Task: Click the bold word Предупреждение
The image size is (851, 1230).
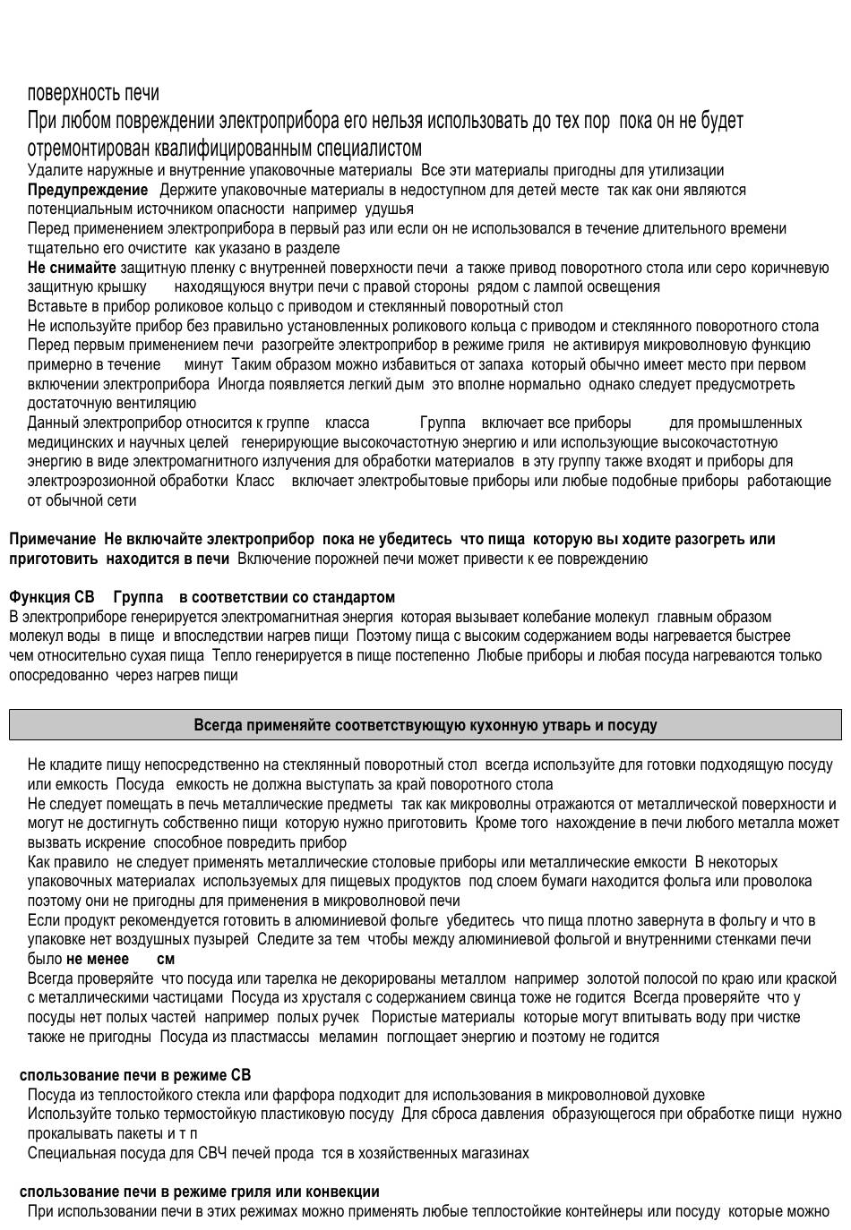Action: click(x=87, y=190)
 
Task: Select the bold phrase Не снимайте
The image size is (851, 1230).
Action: click(x=72, y=268)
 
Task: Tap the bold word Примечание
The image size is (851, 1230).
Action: click(x=52, y=539)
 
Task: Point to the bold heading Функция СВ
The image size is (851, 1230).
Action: click(x=51, y=597)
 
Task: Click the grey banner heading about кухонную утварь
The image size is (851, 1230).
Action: click(x=425, y=725)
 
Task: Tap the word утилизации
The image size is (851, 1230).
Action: click(x=688, y=171)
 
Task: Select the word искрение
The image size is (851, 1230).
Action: click(x=113, y=842)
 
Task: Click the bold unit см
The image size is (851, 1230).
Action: click(x=166, y=959)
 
